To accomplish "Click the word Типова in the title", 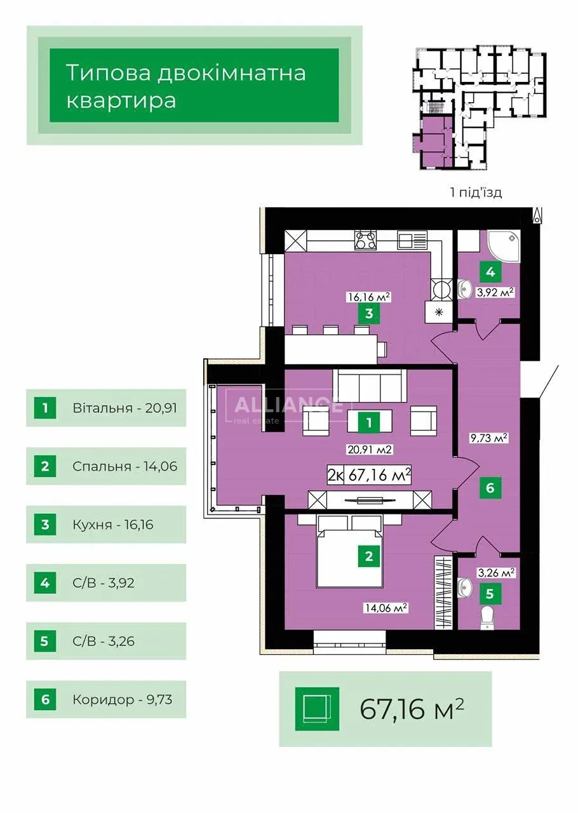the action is (x=109, y=73).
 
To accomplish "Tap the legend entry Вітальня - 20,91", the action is (x=124, y=408).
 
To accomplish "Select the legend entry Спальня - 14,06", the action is (x=124, y=466).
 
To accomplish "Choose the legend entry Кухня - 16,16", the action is (x=113, y=525).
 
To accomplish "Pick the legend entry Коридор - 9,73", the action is (x=122, y=699).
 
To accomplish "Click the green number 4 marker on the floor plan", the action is (x=490, y=272).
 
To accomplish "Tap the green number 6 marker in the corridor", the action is (x=490, y=488).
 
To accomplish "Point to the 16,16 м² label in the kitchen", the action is (x=369, y=298).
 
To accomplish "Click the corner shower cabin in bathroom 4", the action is (x=503, y=248).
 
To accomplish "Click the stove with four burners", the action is (x=366, y=240).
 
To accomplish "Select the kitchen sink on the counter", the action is (x=413, y=239).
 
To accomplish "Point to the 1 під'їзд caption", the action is (x=476, y=192).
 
